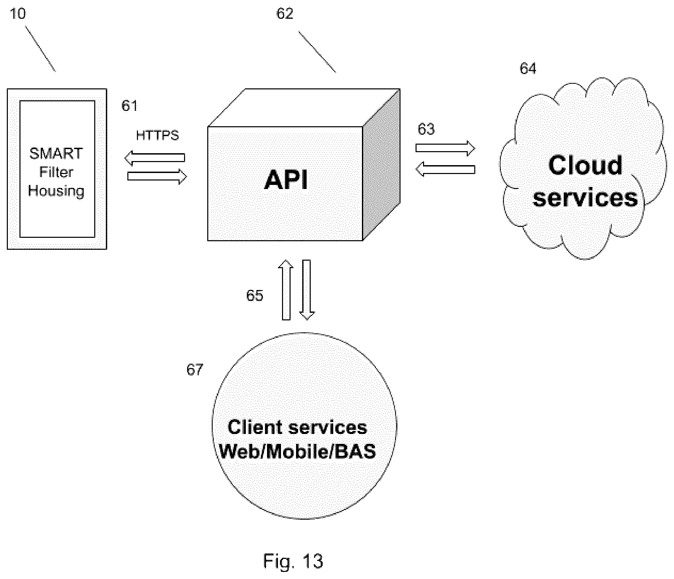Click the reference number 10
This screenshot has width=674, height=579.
pos(18,14)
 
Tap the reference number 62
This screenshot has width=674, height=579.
pos(285,14)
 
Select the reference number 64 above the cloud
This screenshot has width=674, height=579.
pos(528,69)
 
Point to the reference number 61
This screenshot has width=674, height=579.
pos(129,106)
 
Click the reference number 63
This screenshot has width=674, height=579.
pos(426,129)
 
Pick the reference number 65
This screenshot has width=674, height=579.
pos(255,295)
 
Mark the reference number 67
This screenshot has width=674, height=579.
pos(195,370)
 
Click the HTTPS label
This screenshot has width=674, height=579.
pos(157,135)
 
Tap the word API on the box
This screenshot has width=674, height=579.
pos(286,180)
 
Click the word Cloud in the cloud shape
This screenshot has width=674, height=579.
pos(585,165)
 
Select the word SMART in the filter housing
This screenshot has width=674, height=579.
pos(56,154)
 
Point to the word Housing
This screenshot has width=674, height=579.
pos(56,191)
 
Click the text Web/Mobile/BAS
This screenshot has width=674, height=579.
pos(297,451)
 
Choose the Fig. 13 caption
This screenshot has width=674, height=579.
pos(293,561)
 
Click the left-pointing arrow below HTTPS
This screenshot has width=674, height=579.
pos(155,158)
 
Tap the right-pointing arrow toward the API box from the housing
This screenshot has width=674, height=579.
pos(157,176)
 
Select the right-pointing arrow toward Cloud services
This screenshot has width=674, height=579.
pos(445,148)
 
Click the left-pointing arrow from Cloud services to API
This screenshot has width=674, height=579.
pos(445,169)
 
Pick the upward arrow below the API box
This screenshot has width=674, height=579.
pos(286,290)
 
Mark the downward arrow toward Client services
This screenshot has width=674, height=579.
pos(307,290)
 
